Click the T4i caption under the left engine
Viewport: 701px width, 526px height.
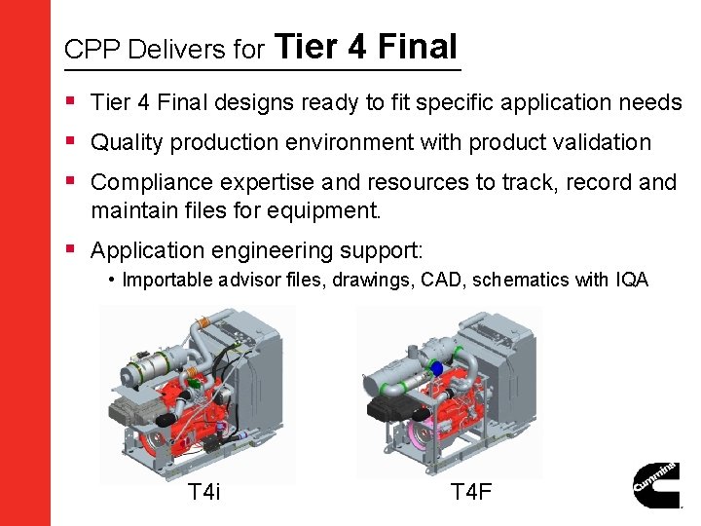[x=203, y=491]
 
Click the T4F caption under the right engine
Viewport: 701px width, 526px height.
[x=471, y=491]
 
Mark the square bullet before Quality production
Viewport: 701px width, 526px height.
[x=71, y=140]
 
